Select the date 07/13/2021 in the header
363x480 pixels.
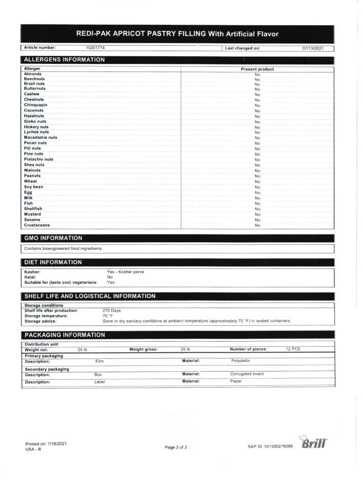(313, 48)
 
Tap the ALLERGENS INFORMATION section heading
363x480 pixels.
(65, 60)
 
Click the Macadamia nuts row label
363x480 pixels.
(41, 137)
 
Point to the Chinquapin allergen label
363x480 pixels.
(36, 105)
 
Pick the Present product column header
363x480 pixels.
(257, 69)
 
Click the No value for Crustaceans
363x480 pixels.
(257, 225)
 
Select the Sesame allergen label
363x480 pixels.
(32, 219)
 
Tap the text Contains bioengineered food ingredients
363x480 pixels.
(63, 249)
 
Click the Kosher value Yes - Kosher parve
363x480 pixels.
(126, 272)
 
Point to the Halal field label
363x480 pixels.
(29, 277)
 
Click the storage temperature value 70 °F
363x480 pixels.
(108, 316)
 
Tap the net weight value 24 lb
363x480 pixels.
(83, 349)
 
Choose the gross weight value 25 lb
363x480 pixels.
(185, 349)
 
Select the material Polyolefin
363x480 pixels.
(240, 360)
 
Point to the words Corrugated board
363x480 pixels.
(247, 374)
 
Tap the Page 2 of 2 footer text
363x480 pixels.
(176, 447)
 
